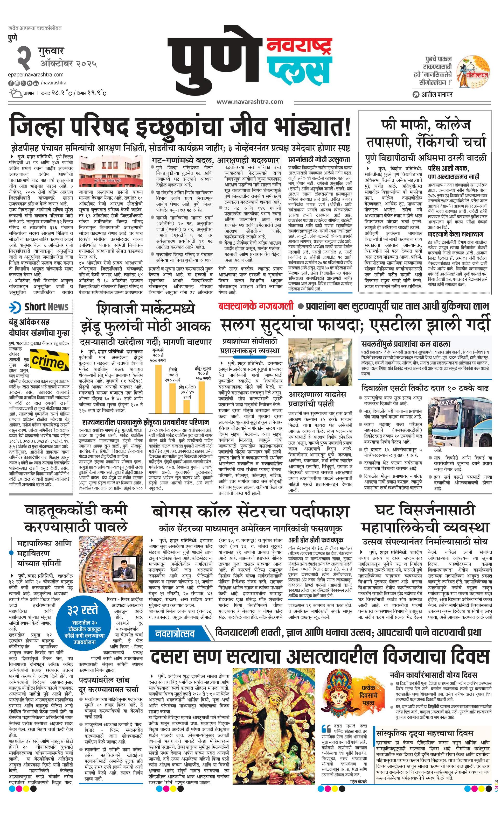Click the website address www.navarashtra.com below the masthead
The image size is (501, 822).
[x=250, y=101]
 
